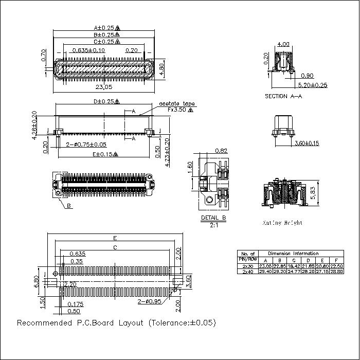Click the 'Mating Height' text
283,223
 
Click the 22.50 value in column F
336,265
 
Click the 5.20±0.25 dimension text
313,85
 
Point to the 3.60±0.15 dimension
305,143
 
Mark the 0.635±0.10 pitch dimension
88,50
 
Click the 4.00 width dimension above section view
283,44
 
